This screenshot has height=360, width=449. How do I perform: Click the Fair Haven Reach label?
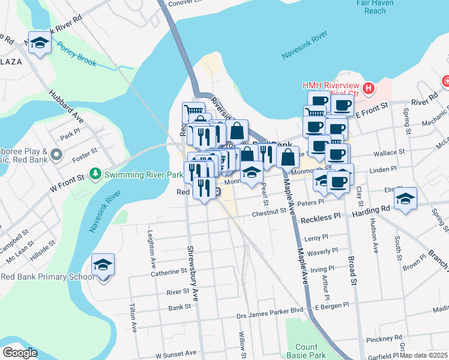tap(383, 7)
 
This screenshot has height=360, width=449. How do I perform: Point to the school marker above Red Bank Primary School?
tap(103, 265)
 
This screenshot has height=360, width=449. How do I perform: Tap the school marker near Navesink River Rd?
tap(40, 43)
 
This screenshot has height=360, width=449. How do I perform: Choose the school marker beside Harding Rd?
tap(406, 198)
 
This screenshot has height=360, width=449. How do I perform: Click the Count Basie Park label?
tap(306, 351)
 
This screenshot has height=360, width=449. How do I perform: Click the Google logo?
tap(20, 353)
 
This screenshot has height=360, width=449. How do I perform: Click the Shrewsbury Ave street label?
tap(193, 273)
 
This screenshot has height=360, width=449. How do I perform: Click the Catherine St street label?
tap(170, 272)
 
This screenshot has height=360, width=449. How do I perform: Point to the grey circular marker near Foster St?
tap(56, 155)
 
